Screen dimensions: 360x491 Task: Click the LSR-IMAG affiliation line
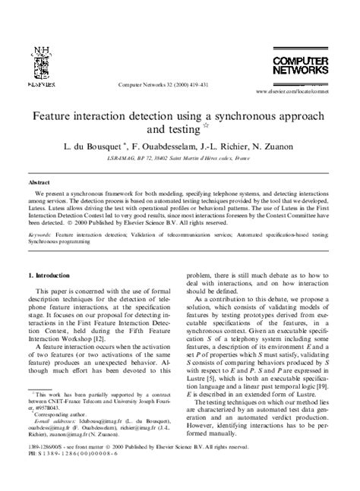[180, 159]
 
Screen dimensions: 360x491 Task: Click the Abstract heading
[39, 184]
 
